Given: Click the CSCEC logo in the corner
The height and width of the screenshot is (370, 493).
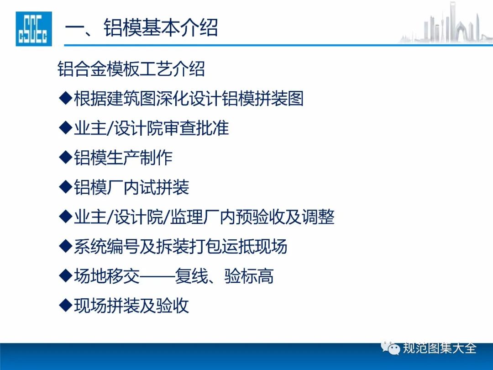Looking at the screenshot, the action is pyautogui.click(x=34, y=29).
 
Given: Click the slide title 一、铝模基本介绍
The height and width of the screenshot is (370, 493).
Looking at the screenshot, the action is pyautogui.click(x=141, y=28).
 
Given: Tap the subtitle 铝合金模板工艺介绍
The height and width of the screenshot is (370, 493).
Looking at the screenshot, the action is pyautogui.click(x=131, y=69).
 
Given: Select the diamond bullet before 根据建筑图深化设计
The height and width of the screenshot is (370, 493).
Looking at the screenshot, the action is pyautogui.click(x=65, y=98).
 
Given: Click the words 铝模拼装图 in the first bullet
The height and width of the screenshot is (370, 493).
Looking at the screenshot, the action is pyautogui.click(x=262, y=99).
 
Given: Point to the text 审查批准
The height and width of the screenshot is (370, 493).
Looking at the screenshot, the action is pyautogui.click(x=196, y=128).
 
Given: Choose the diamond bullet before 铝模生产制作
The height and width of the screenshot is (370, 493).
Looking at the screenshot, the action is pyautogui.click(x=65, y=157).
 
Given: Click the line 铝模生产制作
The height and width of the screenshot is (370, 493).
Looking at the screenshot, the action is pyautogui.click(x=123, y=158).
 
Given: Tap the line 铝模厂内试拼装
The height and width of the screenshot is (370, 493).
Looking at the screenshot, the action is pyautogui.click(x=131, y=187).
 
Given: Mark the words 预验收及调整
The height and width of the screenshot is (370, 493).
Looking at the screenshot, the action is pyautogui.click(x=285, y=217).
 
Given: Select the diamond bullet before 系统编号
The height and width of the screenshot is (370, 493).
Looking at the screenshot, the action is pyautogui.click(x=65, y=246).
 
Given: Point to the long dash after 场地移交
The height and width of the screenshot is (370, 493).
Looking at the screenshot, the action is pyautogui.click(x=157, y=276).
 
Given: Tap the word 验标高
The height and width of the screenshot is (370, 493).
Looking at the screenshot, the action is pyautogui.click(x=249, y=276).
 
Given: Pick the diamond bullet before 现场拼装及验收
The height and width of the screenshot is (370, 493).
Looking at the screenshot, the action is pyautogui.click(x=65, y=305).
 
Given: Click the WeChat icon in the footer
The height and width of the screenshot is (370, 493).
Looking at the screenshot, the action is pyautogui.click(x=390, y=348).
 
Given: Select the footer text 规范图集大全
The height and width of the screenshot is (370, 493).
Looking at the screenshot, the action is pyautogui.click(x=440, y=348).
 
